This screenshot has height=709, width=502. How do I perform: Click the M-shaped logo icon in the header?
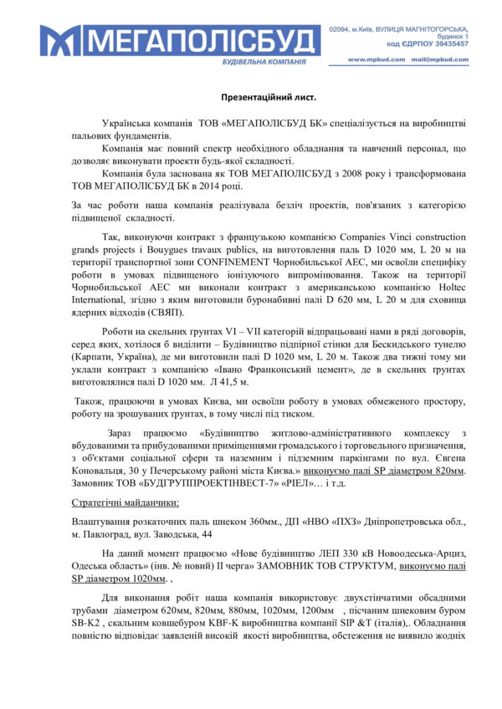(x=57, y=40)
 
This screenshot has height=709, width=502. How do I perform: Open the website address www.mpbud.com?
(x=371, y=60)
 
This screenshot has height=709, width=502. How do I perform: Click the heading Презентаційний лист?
(x=250, y=97)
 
